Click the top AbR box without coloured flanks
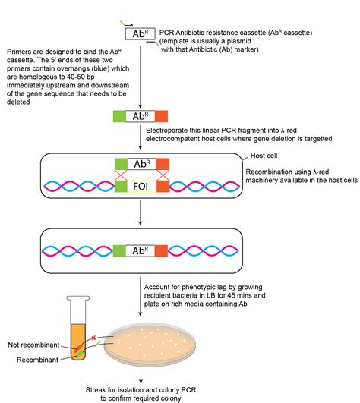click(141, 34)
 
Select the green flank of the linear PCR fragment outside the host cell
click(118, 117)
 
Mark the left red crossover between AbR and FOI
click(120, 174)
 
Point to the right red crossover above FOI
click(162, 174)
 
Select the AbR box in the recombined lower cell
click(141, 250)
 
